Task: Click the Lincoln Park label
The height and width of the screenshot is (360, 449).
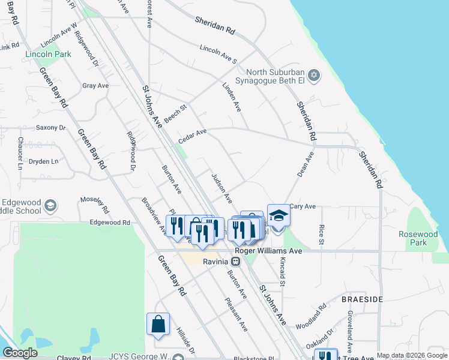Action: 48,54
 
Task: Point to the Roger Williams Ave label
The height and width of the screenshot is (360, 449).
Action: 268,251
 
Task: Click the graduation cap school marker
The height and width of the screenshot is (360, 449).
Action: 278,216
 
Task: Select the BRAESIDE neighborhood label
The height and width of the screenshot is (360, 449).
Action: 359,298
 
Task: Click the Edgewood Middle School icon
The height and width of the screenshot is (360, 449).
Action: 50,206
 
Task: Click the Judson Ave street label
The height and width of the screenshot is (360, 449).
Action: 221,188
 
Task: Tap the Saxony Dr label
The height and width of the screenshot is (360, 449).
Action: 50,127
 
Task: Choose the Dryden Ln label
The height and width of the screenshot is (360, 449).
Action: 44,161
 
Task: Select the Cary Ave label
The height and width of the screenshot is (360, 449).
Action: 303,206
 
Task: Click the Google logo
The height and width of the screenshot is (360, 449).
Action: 20,353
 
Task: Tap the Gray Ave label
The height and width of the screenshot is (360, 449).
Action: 95,86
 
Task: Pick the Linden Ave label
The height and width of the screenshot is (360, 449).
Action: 231,97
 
